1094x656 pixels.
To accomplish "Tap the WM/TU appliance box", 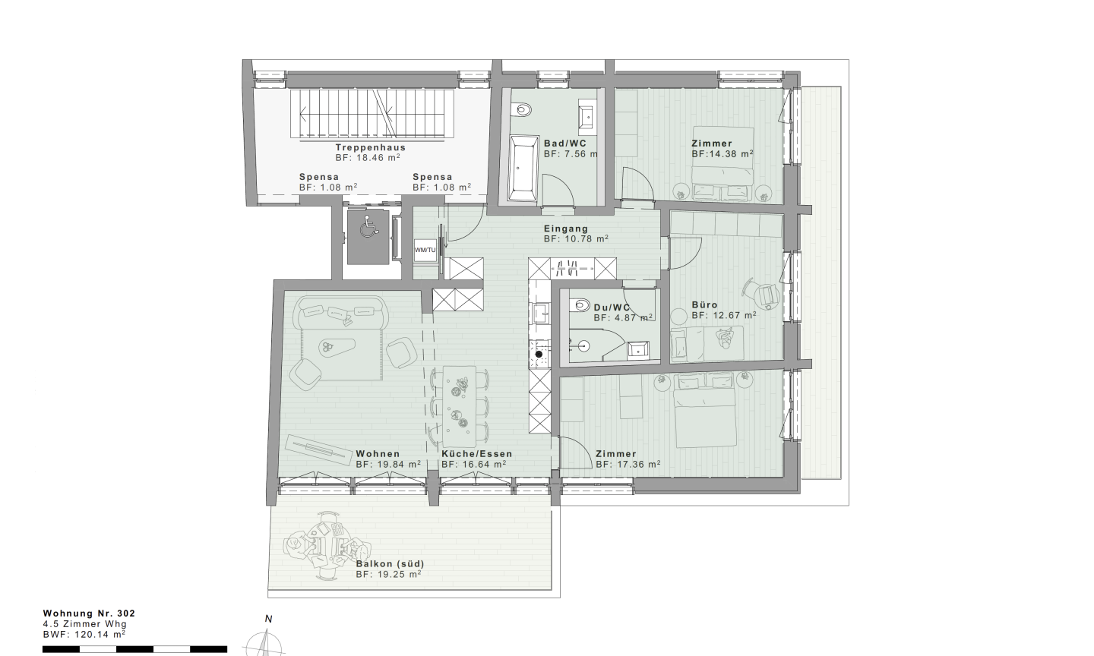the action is (425, 250).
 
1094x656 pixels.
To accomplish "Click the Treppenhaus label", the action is (371, 147).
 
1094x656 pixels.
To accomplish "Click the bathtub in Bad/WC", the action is (523, 169).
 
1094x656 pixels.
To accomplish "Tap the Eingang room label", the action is (566, 229).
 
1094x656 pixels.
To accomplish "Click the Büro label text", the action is (705, 305).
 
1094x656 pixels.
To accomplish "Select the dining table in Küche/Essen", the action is (460, 406).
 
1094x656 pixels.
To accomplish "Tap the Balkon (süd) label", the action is (390, 563).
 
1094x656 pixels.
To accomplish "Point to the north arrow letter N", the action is (268, 619).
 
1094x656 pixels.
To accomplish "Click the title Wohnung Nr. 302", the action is (89, 613).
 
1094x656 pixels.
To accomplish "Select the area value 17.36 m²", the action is (639, 464).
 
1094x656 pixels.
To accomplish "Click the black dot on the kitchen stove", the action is (539, 355).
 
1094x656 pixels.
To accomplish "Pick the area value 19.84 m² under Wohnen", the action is (399, 464).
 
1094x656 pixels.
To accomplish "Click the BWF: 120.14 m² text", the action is (84, 635).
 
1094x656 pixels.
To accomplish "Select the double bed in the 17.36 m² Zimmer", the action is (705, 410).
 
